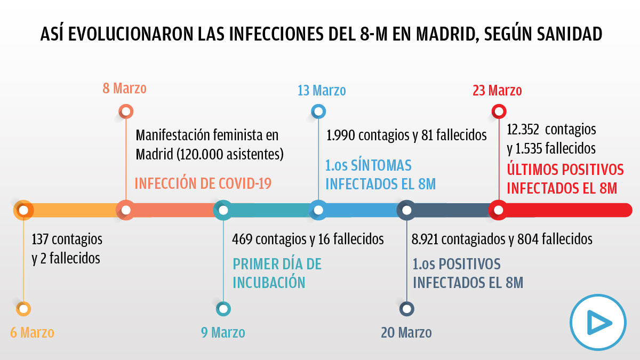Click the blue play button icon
pos(597,322)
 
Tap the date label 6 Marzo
pos(32,333)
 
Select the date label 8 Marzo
pos(124,88)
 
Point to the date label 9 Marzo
pos(223,333)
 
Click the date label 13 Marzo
pos(322,91)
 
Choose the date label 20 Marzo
pos(406,333)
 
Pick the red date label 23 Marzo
pos(497,91)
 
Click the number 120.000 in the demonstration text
pos(205,155)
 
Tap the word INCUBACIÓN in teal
pos(269,282)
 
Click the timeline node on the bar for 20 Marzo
pos(406,210)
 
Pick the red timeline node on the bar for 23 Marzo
pos(498,210)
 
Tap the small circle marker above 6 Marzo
pos(23,308)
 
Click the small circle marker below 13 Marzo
pos(318,111)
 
